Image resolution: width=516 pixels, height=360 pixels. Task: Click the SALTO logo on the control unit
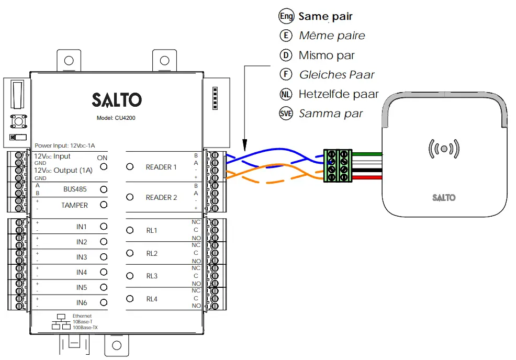[116, 99]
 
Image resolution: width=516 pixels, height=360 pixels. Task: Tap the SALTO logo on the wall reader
[444, 198]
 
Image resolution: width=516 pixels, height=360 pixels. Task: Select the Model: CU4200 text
[116, 118]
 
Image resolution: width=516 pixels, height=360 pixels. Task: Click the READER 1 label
[161, 167]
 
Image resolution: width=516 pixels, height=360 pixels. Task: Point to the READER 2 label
[161, 197]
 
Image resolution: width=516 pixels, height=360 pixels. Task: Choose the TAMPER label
[74, 205]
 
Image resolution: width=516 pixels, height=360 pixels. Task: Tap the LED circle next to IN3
[104, 257]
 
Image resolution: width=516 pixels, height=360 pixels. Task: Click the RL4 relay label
[152, 299]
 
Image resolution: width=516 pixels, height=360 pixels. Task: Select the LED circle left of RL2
[130, 253]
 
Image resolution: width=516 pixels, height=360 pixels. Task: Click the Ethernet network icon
[61, 322]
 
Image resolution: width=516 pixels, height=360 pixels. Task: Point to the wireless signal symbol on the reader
[444, 148]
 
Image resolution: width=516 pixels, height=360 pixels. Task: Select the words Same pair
[326, 16]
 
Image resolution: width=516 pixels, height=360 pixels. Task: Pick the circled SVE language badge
[286, 114]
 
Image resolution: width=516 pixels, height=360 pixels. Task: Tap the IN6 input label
[82, 302]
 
